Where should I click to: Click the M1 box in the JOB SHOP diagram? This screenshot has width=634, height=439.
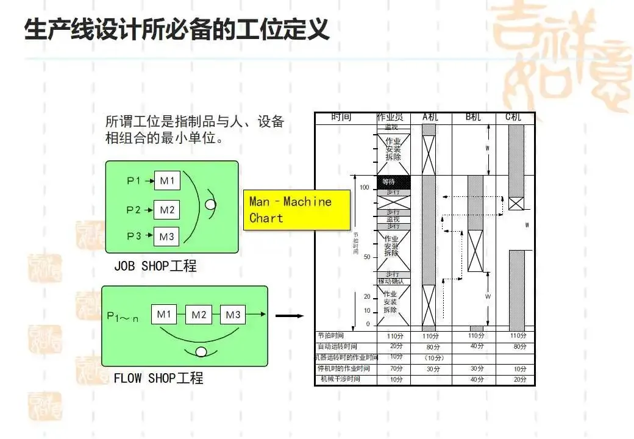point(166,180)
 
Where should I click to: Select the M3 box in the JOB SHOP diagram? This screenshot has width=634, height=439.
point(166,235)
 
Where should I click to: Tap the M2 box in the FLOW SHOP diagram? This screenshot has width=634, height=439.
point(199,315)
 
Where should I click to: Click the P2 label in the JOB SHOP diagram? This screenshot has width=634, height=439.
point(134,210)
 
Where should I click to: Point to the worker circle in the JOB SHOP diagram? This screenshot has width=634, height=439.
point(210,205)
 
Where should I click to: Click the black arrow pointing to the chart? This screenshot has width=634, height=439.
point(290,316)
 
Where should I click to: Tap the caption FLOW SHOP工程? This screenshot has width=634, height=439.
point(158,378)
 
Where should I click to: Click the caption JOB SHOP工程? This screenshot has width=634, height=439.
point(155,266)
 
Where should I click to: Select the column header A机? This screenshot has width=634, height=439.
point(430,117)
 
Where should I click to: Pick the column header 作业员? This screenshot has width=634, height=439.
point(393,117)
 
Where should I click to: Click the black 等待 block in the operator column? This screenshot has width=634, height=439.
point(394,182)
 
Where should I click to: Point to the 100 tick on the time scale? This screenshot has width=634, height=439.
point(365,187)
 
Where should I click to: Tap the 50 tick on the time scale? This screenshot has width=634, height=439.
point(366,257)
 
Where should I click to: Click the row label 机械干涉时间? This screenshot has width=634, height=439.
point(340,379)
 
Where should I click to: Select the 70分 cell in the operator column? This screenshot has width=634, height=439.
point(396,368)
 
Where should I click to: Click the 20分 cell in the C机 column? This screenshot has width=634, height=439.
point(519,379)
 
